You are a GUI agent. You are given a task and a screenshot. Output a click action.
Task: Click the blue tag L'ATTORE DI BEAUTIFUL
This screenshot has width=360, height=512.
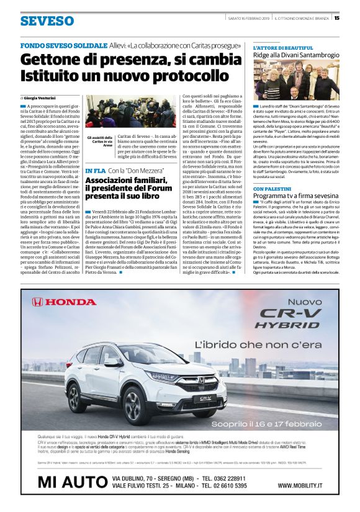pyautogui.click(x=282, y=47)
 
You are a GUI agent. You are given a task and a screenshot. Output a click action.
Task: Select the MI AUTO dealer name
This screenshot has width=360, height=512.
pyautogui.click(x=72, y=482)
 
